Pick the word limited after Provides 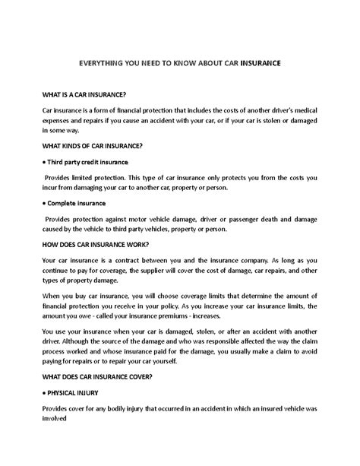coord(90,176)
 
